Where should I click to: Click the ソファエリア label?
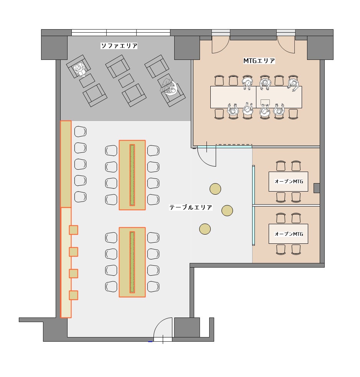coord(119,46)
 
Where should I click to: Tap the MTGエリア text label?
coord(259,61)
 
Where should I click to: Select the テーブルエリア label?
coord(191,207)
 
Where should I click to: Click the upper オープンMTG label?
coord(288,181)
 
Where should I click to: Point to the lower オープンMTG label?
coord(288,233)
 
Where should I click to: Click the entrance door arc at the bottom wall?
coord(163,328)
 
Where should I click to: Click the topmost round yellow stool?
coord(215,189)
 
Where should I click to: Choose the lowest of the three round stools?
coord(205,229)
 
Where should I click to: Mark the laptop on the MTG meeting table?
coord(265,102)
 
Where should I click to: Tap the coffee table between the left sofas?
coord(87,81)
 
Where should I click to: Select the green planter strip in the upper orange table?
coord(132,175)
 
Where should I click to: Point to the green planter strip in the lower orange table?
coord(132,262)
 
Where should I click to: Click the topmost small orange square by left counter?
coord(73,230)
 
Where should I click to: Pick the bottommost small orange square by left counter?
coord(73,295)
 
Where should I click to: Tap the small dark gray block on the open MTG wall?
coord(317,188)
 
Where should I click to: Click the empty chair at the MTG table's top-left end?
coord(219,81)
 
